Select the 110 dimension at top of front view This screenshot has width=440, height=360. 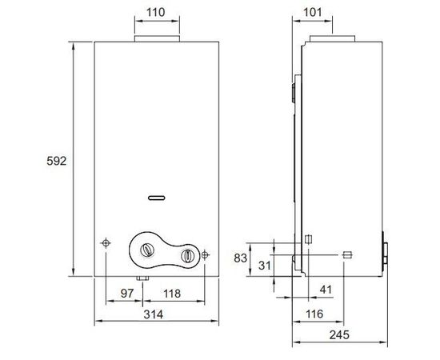pos(156,14)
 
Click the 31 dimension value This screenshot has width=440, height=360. pos(264,266)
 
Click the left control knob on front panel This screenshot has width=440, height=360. pos(146,250)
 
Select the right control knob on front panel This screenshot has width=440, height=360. pos(186,256)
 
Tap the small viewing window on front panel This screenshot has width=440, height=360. pos(157,195)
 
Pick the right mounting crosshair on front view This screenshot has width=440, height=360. pos(206,254)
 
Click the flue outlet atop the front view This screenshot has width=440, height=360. pos(156,39)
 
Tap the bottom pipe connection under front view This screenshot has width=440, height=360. pos(142,279)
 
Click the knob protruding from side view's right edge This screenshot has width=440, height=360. pos(386,252)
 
